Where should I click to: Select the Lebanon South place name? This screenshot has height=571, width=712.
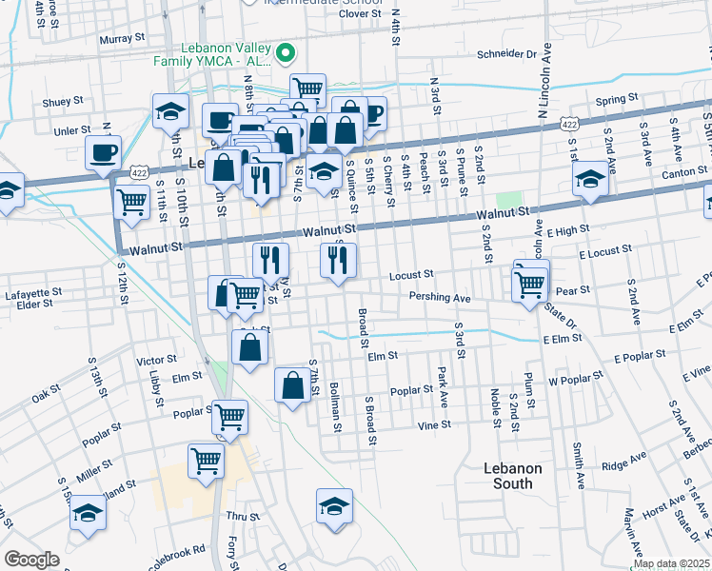[x=512, y=476]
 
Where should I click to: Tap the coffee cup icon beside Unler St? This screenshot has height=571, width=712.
[x=103, y=151]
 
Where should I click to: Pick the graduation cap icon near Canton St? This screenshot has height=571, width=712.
[x=590, y=178]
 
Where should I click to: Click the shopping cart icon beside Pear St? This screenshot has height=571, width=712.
[x=528, y=283]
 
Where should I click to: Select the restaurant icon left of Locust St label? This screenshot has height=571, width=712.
[x=338, y=260]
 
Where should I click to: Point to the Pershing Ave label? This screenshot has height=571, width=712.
[x=439, y=298]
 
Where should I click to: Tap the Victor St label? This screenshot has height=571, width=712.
[x=157, y=361]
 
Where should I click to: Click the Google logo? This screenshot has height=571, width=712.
[x=31, y=560]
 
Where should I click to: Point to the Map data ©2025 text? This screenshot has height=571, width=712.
[x=671, y=563]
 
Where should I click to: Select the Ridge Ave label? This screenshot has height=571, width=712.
[x=623, y=466]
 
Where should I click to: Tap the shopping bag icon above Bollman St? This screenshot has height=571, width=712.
[x=292, y=385]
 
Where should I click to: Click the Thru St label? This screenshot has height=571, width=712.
[x=243, y=517]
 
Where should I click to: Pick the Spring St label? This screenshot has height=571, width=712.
[x=616, y=100]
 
